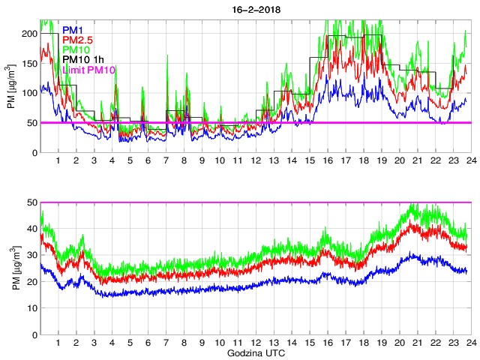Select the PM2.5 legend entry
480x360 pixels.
(x=79, y=39)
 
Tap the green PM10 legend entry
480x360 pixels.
(x=77, y=49)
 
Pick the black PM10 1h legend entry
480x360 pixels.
(x=83, y=59)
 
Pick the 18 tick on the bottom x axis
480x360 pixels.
(x=363, y=343)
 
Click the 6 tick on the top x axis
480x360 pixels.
(x=148, y=161)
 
